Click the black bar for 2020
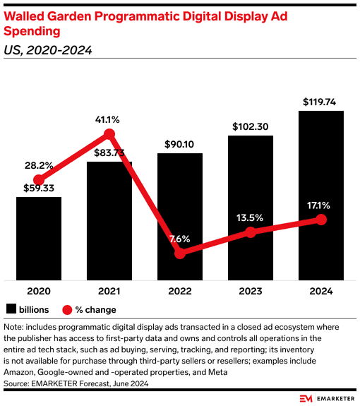tap(39, 239)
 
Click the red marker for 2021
tap(109, 133)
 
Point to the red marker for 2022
tap(180, 253)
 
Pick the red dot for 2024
tap(321, 220)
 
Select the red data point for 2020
tap(39, 180)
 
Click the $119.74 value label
tap(321, 102)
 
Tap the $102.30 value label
tap(251, 126)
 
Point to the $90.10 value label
tap(180, 145)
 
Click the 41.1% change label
tap(109, 119)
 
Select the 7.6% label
tap(180, 239)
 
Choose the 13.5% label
tap(251, 217)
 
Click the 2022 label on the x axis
tap(180, 291)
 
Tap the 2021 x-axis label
tap(109, 291)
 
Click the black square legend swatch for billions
tap(11, 309)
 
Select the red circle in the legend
tap(68, 309)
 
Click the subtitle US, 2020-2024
tap(48, 50)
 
